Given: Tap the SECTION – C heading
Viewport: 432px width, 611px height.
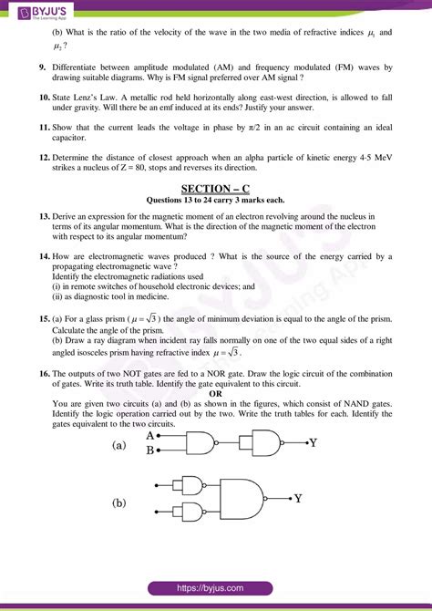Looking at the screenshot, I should (x=215, y=188).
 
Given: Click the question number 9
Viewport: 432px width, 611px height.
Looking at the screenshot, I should (x=43, y=67).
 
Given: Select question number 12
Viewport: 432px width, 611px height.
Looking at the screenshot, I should (x=44, y=157).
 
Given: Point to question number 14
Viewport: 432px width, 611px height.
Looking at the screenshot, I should (x=44, y=257).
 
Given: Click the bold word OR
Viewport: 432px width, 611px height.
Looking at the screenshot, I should (x=216, y=392).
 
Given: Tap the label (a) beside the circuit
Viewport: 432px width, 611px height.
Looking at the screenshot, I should (x=118, y=446).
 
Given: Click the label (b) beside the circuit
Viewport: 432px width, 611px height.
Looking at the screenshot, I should (x=118, y=503).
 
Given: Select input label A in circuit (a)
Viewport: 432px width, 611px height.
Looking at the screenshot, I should (x=149, y=436).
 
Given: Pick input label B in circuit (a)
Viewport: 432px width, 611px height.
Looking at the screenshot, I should (x=149, y=450).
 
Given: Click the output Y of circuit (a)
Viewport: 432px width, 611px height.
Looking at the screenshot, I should (x=313, y=443).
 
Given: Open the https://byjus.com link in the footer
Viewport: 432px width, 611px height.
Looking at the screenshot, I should (x=216, y=589).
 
